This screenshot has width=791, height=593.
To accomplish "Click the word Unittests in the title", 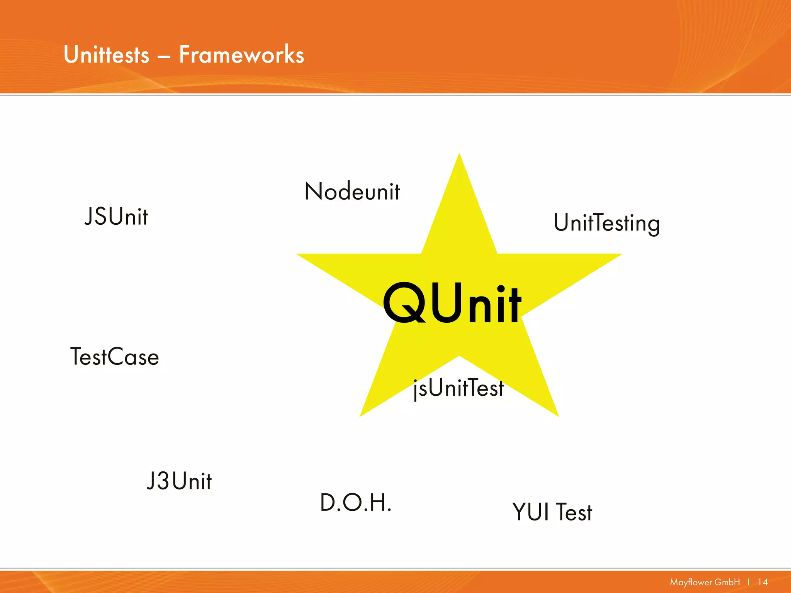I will pos(106,54).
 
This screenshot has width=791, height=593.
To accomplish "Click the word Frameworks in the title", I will pos(241,54).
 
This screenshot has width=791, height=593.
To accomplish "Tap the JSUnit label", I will pos(116,216).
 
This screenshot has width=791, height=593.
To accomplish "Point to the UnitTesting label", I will pos(607,223).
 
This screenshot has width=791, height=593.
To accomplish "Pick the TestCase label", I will pos(115,356).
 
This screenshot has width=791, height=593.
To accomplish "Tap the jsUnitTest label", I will pos(458,388).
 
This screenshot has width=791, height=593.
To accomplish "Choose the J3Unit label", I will pos(179,481).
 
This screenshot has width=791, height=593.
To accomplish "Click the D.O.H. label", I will pos(356,503).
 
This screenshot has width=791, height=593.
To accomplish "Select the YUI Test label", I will pos(552,512).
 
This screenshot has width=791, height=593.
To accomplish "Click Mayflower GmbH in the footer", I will pos(704,582).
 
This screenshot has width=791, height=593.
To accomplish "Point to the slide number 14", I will pos(762,582).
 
